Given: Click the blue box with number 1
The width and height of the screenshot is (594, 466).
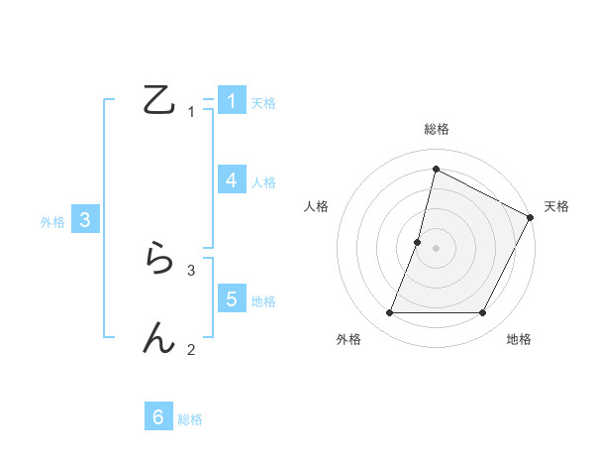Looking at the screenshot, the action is click(232, 101).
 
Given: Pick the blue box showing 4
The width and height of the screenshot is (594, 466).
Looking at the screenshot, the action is click(232, 180).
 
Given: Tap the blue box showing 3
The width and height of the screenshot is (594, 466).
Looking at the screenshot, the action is click(85, 220).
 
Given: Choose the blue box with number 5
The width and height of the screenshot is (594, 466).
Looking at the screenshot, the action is click(232, 299).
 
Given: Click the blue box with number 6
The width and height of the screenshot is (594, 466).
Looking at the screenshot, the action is click(158, 417).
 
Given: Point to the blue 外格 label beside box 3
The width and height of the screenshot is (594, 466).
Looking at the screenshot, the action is click(52, 222).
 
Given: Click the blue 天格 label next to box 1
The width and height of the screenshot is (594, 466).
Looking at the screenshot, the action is click(263, 103).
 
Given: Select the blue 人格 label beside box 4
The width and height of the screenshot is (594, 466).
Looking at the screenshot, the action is click(263, 182).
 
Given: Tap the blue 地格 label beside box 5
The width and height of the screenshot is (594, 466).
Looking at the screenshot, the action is click(263, 301).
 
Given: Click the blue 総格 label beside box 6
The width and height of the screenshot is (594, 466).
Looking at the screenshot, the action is click(190, 419).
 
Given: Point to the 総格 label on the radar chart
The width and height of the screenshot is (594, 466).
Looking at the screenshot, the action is click(436, 129).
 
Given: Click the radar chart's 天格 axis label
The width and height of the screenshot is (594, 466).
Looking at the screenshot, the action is click(557, 206).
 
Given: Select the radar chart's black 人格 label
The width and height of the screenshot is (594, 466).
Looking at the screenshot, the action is click(317, 206).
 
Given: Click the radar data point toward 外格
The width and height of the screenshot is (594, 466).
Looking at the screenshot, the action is click(390, 313).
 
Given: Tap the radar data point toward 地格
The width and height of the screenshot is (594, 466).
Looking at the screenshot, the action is click(482, 313).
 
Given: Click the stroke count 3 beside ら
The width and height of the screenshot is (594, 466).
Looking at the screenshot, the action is click(191, 270).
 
